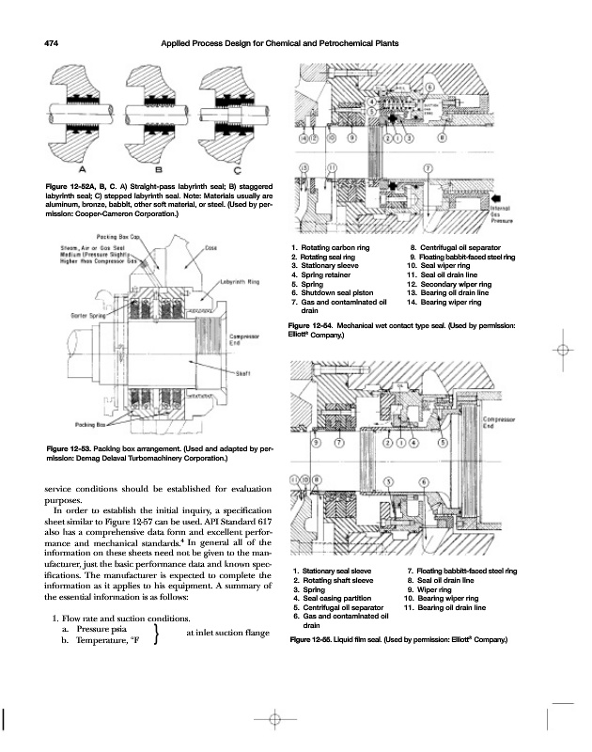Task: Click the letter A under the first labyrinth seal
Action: click(x=83, y=170)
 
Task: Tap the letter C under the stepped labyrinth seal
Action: click(x=235, y=170)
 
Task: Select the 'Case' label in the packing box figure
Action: click(x=211, y=248)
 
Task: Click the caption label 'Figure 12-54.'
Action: click(x=315, y=324)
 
